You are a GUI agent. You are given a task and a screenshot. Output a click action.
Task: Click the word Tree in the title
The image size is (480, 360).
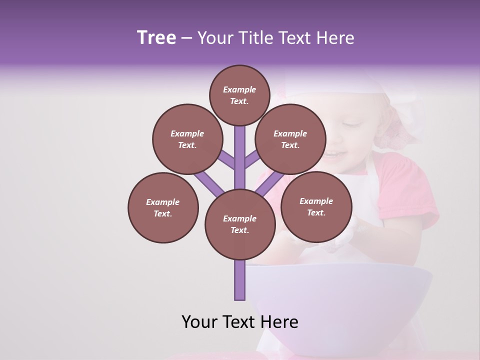point(156,37)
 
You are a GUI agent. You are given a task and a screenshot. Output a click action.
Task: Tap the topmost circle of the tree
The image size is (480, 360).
point(239,95)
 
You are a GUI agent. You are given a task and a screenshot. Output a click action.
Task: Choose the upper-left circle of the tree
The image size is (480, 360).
point(187,139)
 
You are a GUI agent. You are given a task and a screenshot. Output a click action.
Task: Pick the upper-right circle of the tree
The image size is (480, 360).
point(290,139)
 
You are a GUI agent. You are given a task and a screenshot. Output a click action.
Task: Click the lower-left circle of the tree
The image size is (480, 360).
point(162,207)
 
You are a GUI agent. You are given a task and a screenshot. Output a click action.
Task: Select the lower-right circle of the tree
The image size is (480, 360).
point(316,206)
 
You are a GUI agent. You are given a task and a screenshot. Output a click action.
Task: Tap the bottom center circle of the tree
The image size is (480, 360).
point(239,224)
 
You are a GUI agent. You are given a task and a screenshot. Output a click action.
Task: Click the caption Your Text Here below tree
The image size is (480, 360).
point(239,322)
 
